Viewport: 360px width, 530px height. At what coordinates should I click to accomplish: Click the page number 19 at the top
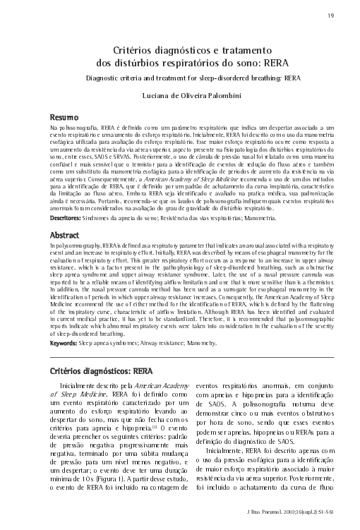click(332, 16)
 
